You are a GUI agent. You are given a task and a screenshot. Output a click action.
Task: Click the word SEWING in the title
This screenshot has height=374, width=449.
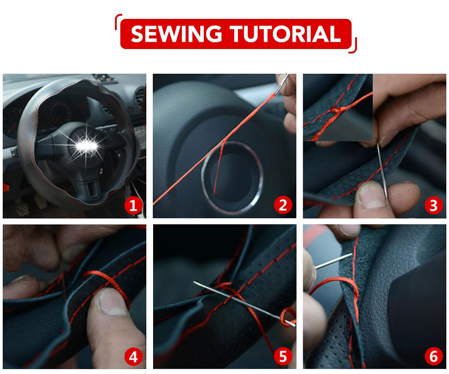[x=176, y=34]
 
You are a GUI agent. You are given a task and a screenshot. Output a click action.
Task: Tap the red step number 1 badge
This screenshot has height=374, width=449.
[x=133, y=206]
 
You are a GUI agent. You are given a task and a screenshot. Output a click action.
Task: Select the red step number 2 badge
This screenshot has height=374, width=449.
[x=283, y=206]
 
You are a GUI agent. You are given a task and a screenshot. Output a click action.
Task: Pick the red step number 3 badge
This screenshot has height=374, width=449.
[x=433, y=206]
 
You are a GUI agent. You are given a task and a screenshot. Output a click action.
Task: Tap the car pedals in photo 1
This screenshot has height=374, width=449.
[x=29, y=205]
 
